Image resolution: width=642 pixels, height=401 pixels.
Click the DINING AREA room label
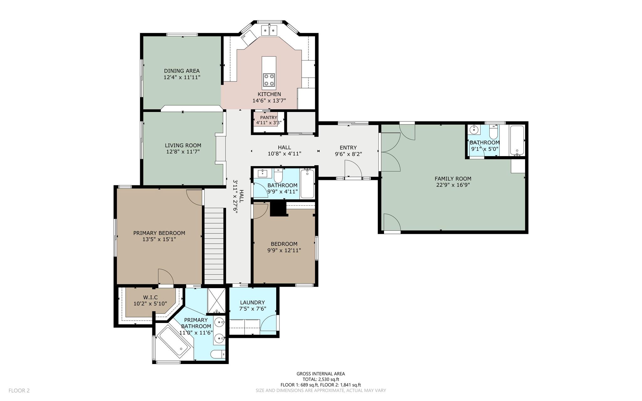182,71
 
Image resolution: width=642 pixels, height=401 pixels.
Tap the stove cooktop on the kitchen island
269,80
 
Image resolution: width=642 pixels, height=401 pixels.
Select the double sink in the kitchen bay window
269,30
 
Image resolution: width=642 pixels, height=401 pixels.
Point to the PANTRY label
269,118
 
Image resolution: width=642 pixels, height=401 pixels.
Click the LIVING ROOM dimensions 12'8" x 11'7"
183,152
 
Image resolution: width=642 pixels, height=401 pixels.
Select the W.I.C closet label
150,297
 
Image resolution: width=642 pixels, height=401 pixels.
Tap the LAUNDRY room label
252,303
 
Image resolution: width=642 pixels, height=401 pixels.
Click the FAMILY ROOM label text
453,179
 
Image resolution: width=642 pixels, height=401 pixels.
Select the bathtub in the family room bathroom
517,140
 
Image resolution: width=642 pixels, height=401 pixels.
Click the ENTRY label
348,148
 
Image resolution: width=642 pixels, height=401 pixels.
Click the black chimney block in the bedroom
279,209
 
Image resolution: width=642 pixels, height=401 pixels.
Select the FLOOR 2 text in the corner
19,391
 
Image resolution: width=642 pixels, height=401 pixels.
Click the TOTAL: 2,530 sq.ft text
321,379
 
